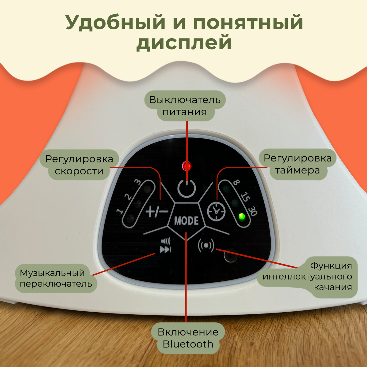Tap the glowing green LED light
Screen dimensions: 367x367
[x=242, y=217]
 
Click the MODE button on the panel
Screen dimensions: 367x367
[x=186, y=221]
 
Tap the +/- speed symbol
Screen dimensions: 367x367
[x=157, y=211]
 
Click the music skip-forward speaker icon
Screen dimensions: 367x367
[x=165, y=246]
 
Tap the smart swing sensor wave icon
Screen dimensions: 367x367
[x=206, y=245]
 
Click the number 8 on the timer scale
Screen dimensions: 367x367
[x=236, y=183]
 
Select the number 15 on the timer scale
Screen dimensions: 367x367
[x=245, y=196]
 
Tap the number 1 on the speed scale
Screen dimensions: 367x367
[x=120, y=211]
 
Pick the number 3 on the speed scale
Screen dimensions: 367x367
[x=138, y=182]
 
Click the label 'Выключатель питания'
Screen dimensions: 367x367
[x=185, y=106]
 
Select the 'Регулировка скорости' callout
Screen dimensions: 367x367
[x=79, y=165]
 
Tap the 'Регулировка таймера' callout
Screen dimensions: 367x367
[x=297, y=164]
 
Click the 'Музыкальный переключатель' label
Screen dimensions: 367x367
[x=56, y=278]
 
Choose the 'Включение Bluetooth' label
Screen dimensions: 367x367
[x=188, y=338]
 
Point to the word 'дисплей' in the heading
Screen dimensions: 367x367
[x=184, y=43]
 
